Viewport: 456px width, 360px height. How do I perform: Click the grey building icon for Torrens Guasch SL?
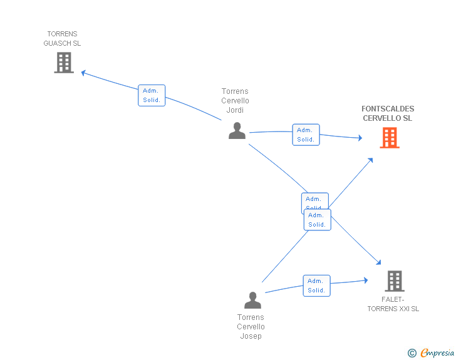[64, 63]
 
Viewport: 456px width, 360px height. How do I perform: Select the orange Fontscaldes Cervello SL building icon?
[390, 138]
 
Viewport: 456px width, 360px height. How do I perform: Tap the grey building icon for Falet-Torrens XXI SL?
[394, 281]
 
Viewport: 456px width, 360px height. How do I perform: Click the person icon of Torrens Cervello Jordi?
[237, 130]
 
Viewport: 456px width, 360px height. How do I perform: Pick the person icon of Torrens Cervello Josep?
[252, 300]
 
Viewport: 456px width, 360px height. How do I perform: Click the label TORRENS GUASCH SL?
[62, 39]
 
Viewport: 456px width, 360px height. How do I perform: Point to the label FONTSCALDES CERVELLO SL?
[388, 113]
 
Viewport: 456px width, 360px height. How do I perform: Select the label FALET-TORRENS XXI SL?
[393, 304]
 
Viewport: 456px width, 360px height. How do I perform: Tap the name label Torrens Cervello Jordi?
[235, 101]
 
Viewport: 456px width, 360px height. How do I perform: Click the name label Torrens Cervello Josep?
[251, 327]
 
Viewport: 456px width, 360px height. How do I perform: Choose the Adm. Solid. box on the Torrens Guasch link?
[152, 95]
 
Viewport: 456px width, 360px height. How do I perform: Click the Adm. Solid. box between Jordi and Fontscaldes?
[306, 135]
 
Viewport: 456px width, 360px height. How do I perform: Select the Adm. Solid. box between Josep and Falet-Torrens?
[316, 285]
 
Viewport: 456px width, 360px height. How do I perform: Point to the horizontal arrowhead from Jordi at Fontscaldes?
[359, 138]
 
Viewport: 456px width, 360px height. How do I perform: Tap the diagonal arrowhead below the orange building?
[370, 160]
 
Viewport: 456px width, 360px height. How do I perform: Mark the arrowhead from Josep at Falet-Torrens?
[365, 281]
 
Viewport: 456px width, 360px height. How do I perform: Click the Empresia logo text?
[437, 352]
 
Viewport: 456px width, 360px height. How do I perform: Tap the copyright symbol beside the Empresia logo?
[412, 353]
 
